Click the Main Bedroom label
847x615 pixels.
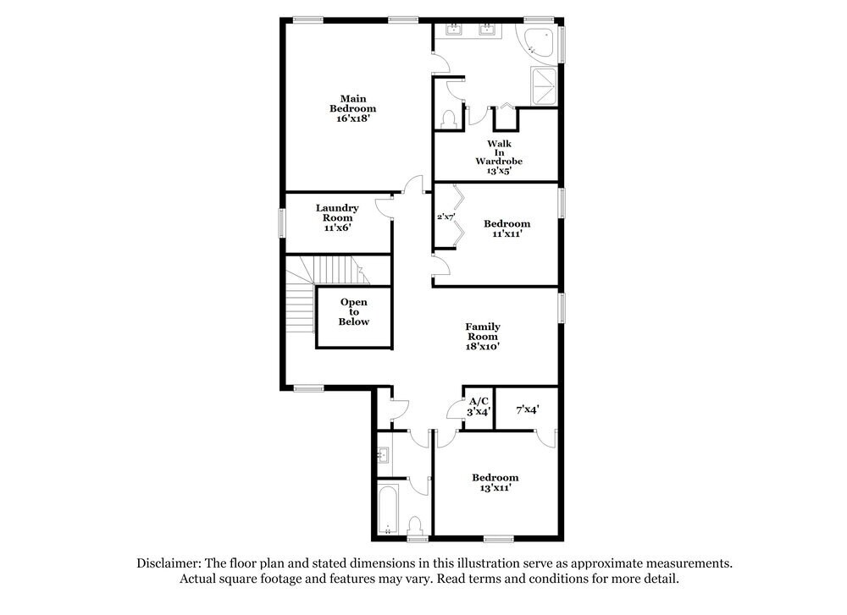pyautogui.click(x=352, y=102)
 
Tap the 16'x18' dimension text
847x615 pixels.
pyautogui.click(x=352, y=119)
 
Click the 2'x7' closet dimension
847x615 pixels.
pyautogui.click(x=446, y=217)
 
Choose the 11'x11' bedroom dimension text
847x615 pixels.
pyautogui.click(x=507, y=234)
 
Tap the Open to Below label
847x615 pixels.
pyautogui.click(x=354, y=311)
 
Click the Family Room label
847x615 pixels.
pyautogui.click(x=482, y=332)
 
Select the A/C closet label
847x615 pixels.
pyautogui.click(x=479, y=400)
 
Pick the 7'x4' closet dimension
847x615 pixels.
pyautogui.click(x=528, y=409)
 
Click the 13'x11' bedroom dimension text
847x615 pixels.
pyautogui.click(x=495, y=488)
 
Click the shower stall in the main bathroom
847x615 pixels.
pyautogui.click(x=542, y=87)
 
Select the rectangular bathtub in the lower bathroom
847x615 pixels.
pyautogui.click(x=388, y=510)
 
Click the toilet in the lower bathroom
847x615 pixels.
pyautogui.click(x=415, y=524)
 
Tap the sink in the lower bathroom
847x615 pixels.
pyautogui.click(x=383, y=455)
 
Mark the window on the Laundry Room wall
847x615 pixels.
pyautogui.click(x=283, y=223)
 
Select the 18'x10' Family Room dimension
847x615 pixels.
pyautogui.click(x=482, y=345)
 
